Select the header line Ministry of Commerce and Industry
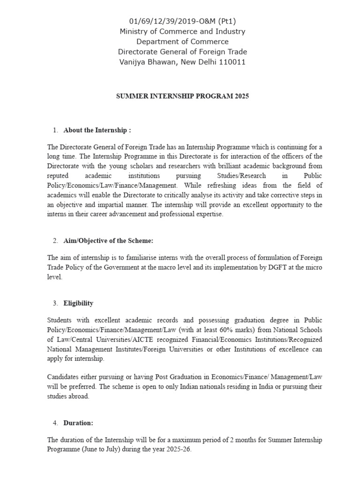(x=182, y=31)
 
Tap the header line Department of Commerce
(x=182, y=42)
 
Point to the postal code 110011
(x=232, y=62)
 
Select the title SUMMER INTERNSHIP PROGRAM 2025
(x=182, y=96)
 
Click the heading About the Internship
(x=97, y=130)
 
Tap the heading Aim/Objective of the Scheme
(x=108, y=241)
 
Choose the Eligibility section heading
(x=78, y=303)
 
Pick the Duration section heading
(x=78, y=423)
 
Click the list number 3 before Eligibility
(x=55, y=303)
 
